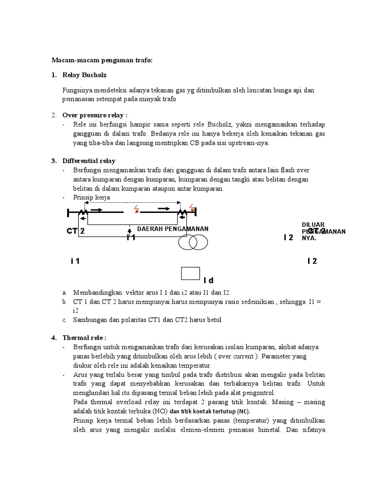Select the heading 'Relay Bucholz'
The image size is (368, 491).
coord(84,75)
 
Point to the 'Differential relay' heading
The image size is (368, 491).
coord(89,161)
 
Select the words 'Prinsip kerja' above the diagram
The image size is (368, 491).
coord(92,197)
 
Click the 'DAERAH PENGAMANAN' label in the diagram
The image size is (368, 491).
coord(172,229)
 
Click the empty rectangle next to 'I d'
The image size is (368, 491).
coord(190,273)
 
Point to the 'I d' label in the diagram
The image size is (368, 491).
coord(208,280)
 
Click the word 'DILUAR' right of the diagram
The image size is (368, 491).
coord(313,224)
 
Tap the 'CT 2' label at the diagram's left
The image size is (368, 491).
coord(76,232)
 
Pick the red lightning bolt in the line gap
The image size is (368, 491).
coord(137,209)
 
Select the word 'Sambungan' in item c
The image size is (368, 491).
coord(89,319)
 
